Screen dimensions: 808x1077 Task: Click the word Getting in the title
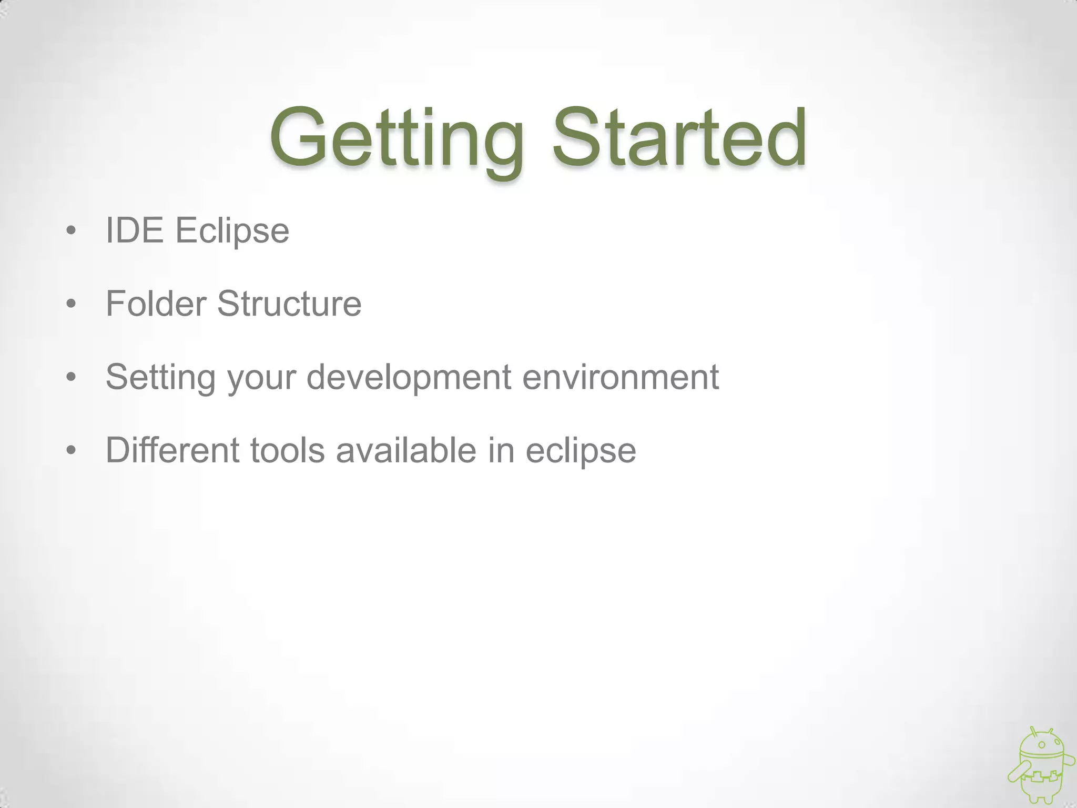point(397,138)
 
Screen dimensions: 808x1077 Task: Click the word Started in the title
point(679,138)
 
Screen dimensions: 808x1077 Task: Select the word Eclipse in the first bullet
point(232,231)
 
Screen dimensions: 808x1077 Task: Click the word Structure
point(289,304)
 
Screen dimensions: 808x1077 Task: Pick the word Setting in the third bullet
point(160,378)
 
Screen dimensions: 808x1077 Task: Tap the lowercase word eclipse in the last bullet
point(581,451)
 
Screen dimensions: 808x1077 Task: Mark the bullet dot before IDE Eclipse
point(72,231)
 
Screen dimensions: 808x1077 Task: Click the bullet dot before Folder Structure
point(72,304)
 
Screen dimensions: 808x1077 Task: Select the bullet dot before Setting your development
point(72,377)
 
